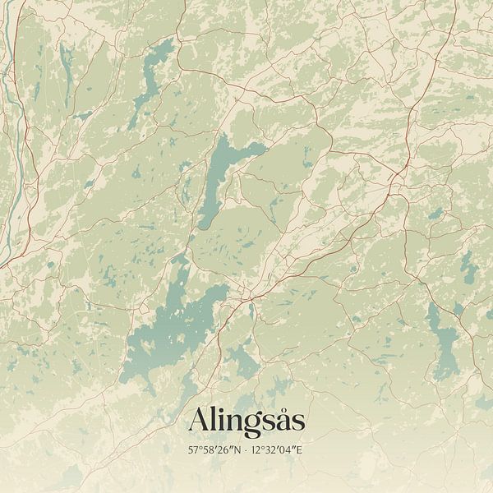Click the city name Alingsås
point(246,422)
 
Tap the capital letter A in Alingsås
point(197,422)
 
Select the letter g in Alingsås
point(253,425)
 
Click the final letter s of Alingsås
point(298,423)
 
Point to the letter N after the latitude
point(237,451)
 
